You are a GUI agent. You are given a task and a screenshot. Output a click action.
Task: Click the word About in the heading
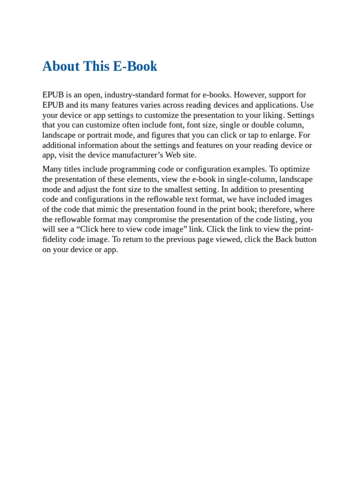(61, 67)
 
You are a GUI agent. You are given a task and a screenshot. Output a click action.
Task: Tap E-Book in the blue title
(135, 67)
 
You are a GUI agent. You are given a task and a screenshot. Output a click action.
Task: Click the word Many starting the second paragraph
(52, 169)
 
